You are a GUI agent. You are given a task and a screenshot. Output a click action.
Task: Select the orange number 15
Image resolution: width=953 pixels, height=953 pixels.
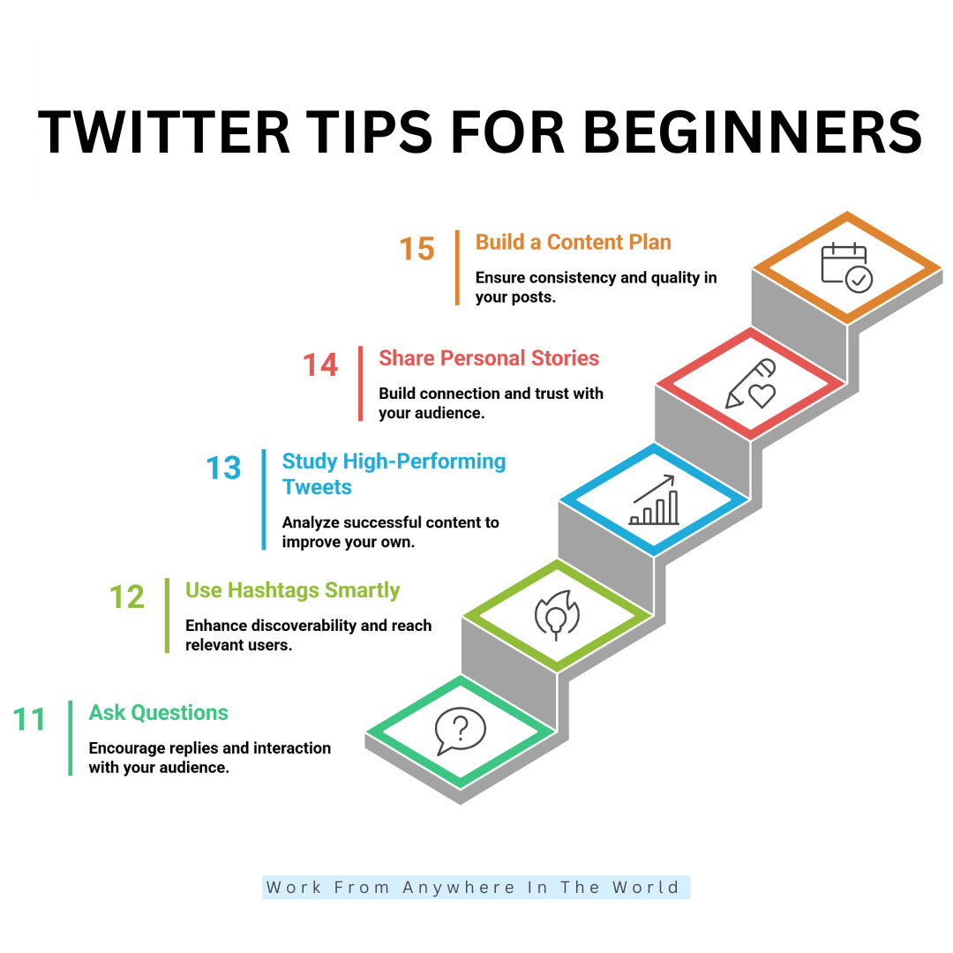pos(417,249)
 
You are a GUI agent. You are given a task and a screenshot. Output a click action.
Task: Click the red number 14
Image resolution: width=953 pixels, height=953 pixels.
pos(320,365)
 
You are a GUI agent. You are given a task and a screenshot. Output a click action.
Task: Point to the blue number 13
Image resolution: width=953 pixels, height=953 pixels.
pos(223,468)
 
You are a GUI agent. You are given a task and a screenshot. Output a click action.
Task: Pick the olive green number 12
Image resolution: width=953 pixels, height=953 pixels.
pos(127,597)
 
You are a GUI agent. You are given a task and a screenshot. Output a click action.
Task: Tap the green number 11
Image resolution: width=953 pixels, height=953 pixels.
pos(30,720)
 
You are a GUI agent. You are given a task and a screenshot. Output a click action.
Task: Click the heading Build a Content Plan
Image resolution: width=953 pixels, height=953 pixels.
pos(574,242)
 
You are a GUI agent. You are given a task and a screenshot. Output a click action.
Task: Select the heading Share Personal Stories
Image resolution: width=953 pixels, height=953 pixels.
pos(489,358)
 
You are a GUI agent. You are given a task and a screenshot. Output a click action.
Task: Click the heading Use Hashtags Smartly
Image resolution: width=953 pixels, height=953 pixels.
pos(293,590)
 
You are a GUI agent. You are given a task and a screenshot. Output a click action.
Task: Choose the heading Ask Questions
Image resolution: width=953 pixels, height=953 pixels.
pos(159,713)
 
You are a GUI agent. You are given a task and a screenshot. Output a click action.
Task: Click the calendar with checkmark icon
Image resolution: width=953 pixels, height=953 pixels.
pos(846,267)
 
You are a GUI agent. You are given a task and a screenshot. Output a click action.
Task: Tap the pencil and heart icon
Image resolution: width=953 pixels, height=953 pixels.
pos(751,384)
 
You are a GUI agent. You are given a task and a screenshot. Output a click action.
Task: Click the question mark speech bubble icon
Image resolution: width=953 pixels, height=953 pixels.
pos(460,732)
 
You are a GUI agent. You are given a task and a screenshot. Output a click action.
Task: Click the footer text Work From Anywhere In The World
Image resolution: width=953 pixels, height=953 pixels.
pos(476,888)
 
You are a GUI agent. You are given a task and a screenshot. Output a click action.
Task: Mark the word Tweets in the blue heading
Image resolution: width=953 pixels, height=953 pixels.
pos(317,487)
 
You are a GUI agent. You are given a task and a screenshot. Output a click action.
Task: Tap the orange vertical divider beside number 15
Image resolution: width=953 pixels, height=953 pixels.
pos(457,267)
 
